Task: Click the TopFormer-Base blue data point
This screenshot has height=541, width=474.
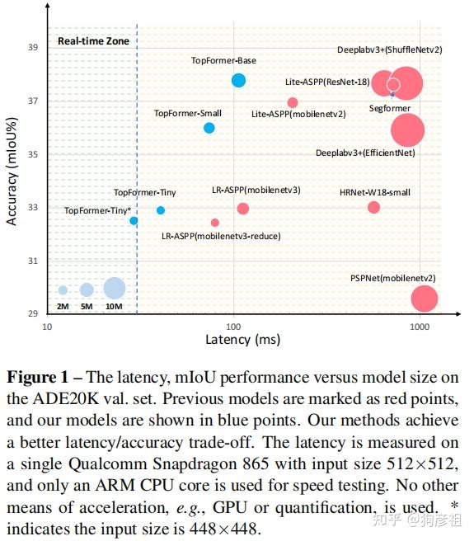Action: (238, 80)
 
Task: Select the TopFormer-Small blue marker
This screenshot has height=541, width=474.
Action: (209, 128)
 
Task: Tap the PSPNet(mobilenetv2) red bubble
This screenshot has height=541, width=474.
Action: (424, 299)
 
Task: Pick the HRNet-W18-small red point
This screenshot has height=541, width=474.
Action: (373, 207)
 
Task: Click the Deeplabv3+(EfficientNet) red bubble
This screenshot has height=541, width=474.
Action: (407, 129)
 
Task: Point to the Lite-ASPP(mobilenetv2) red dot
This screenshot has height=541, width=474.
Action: (293, 102)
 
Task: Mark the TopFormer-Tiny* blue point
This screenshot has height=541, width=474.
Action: (134, 220)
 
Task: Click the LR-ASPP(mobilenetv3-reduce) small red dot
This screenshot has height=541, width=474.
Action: (215, 223)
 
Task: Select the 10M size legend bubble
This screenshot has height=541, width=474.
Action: (115, 288)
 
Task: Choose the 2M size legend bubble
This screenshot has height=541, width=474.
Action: (63, 290)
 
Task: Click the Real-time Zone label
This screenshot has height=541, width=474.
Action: (87, 40)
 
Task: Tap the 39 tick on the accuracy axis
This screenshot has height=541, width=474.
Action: (33, 48)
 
